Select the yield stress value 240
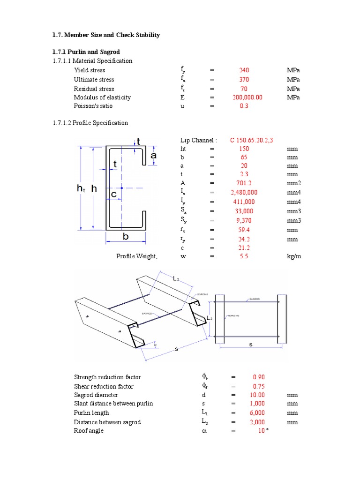coord(244,70)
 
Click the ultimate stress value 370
coord(244,80)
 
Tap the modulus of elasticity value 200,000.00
coord(247,97)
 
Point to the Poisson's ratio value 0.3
coord(244,106)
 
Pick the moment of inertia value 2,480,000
coord(244,193)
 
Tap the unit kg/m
coord(294,257)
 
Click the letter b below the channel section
coord(126,237)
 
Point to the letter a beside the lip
coord(153,155)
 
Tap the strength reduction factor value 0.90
coord(259,377)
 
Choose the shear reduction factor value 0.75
coord(259,387)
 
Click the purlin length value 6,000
coord(257,413)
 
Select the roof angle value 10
coord(261,431)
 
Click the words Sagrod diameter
coord(97,395)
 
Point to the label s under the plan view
coord(250,345)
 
